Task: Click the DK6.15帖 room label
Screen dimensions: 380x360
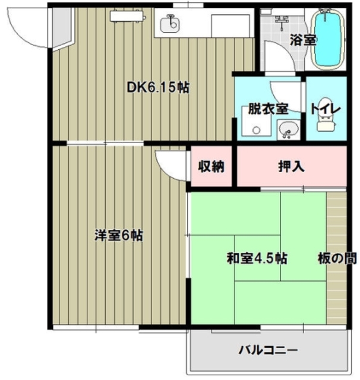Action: click(158, 87)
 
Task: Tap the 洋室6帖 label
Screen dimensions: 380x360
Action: click(118, 235)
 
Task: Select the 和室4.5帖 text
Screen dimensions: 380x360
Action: click(257, 258)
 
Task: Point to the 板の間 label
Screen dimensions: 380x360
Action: click(337, 258)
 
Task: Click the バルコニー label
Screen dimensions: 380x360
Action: click(268, 350)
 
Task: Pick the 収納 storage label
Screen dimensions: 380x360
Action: click(211, 167)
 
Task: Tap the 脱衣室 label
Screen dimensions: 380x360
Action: click(268, 109)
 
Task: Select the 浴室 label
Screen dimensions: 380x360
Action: click(302, 40)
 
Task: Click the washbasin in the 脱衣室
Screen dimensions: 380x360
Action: click(288, 128)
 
